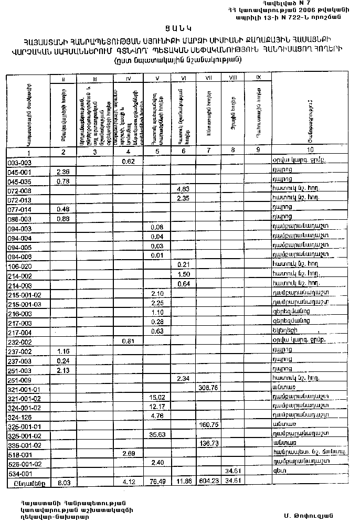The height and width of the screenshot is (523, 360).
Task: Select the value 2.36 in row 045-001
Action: [62, 172]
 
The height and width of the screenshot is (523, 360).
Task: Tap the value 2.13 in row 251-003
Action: [62, 369]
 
